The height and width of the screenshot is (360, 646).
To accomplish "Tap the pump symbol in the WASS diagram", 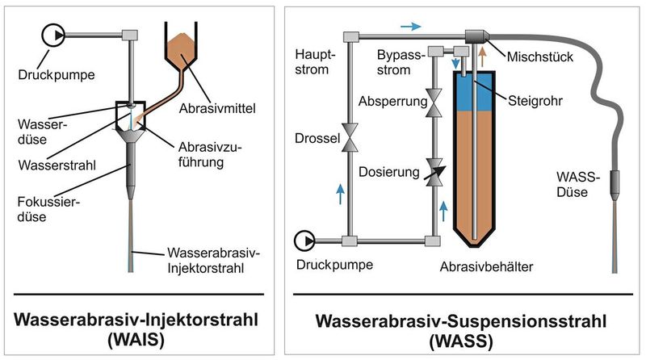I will coord(304,241).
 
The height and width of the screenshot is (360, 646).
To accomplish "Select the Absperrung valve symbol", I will coord(434,103).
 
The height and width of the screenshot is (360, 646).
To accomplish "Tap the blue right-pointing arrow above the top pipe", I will coord(410,26).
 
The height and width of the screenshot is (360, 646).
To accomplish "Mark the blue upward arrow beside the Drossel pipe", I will coord(340,192).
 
